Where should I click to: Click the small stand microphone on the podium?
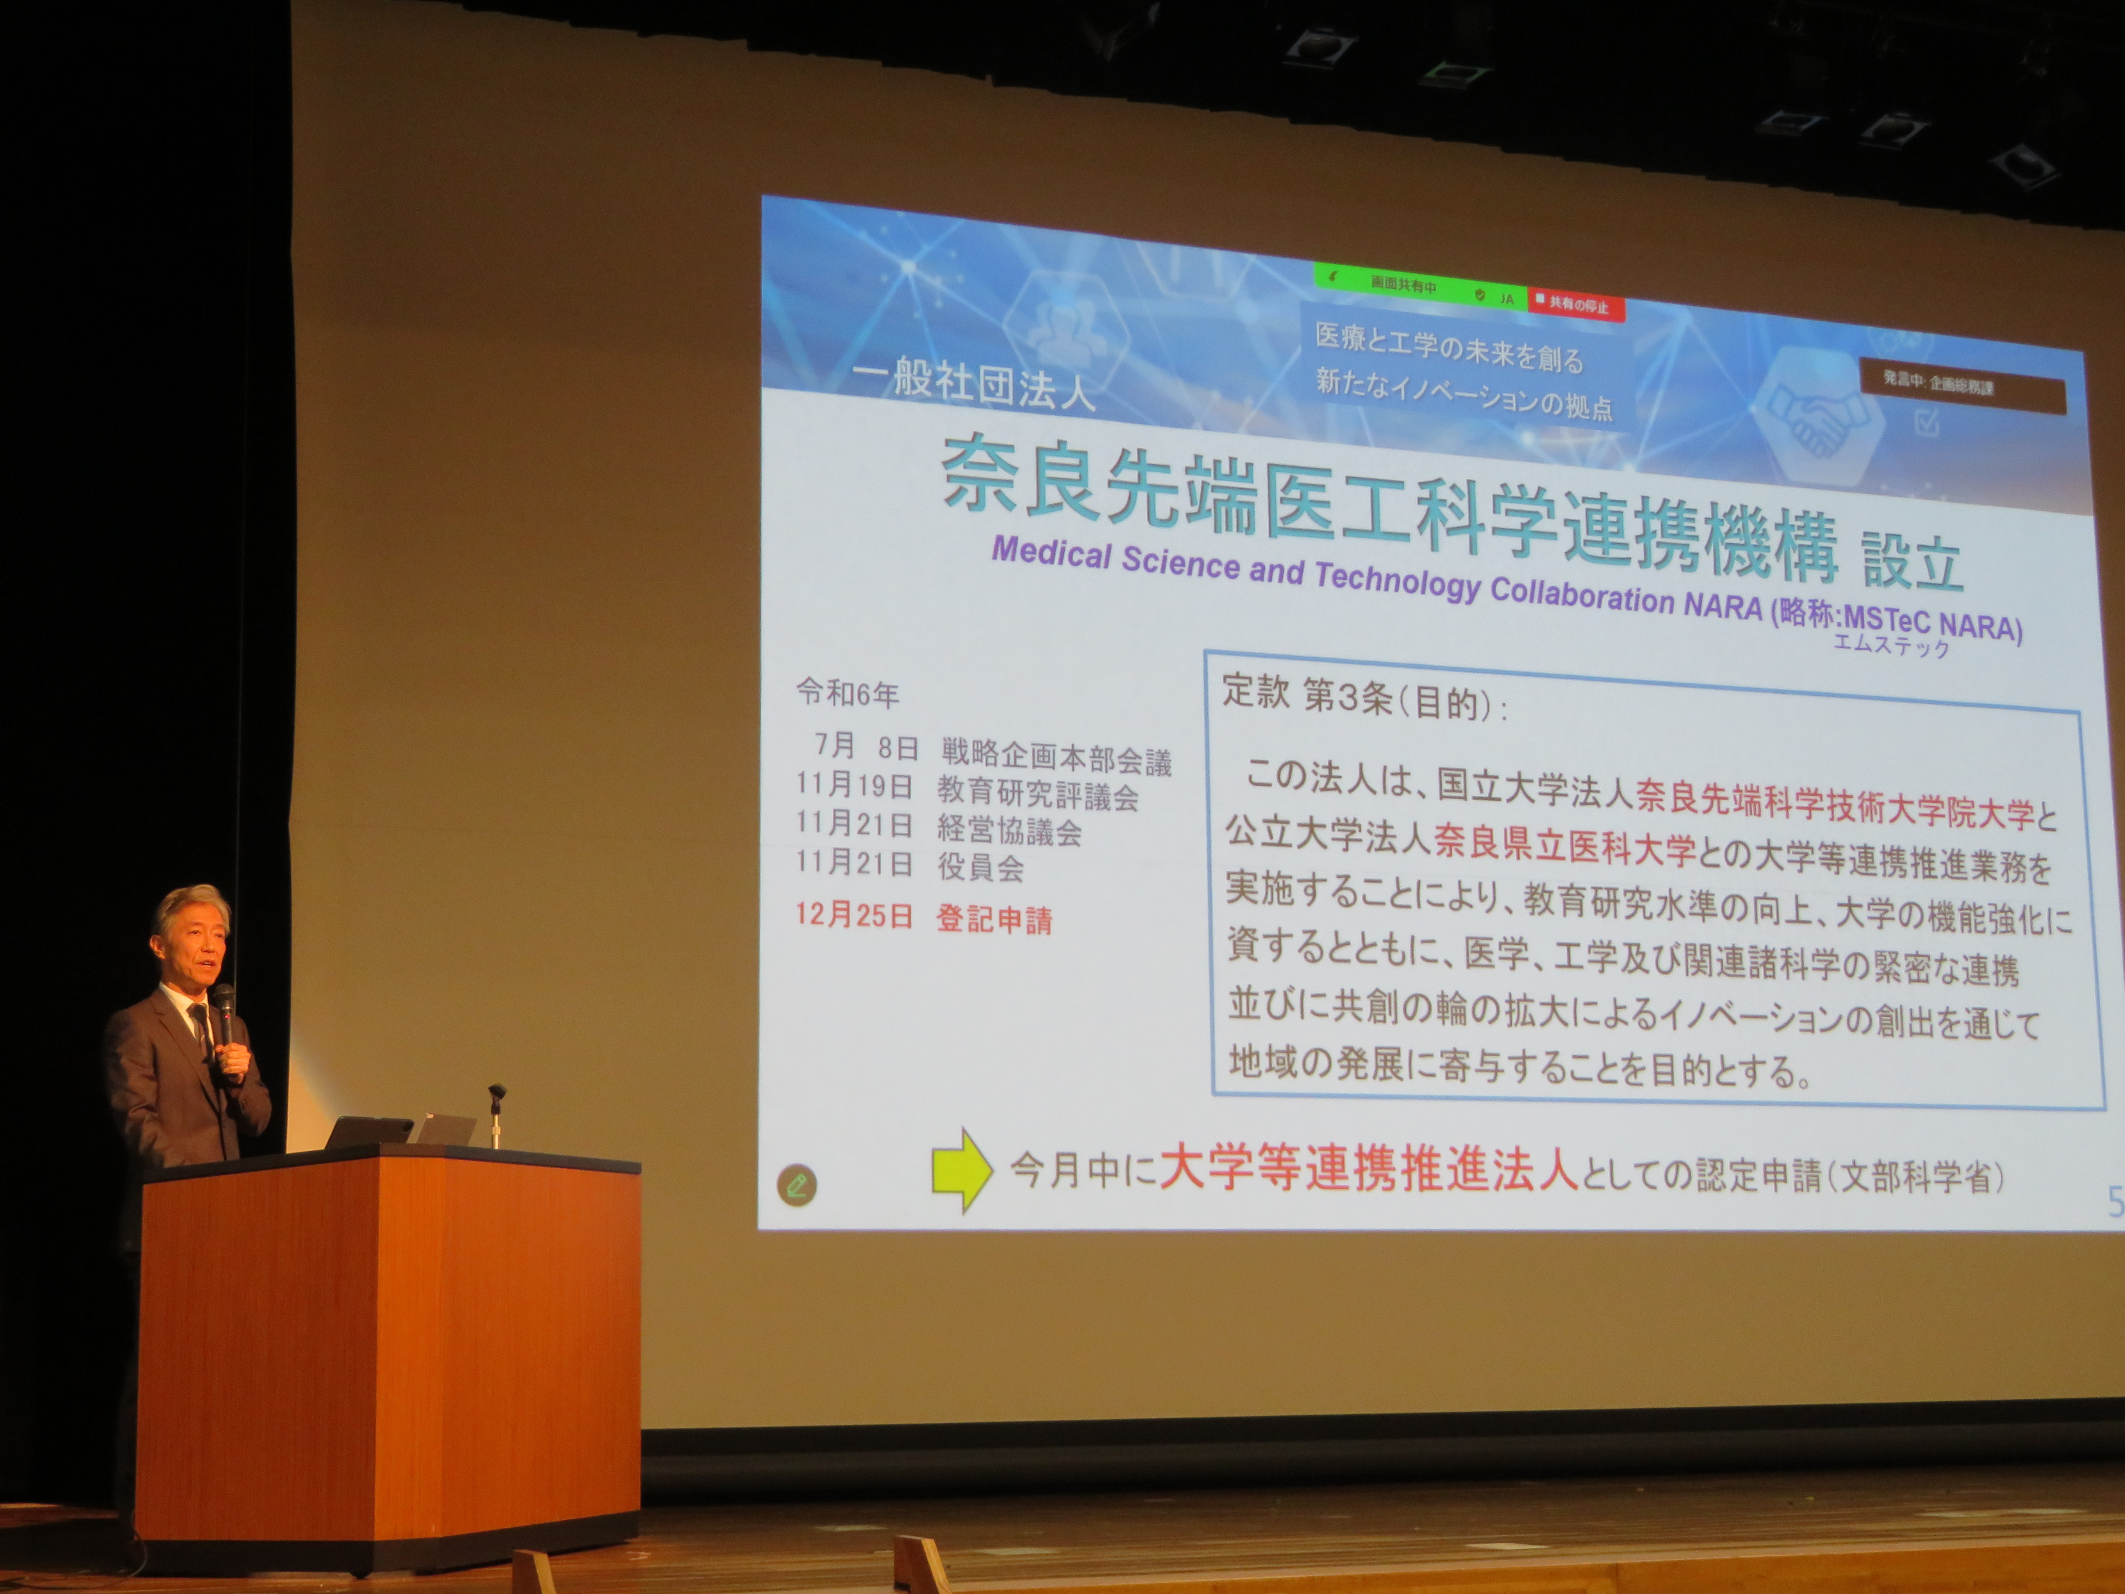(496, 1115)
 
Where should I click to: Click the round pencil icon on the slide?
(796, 1186)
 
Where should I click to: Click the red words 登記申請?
(994, 920)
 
